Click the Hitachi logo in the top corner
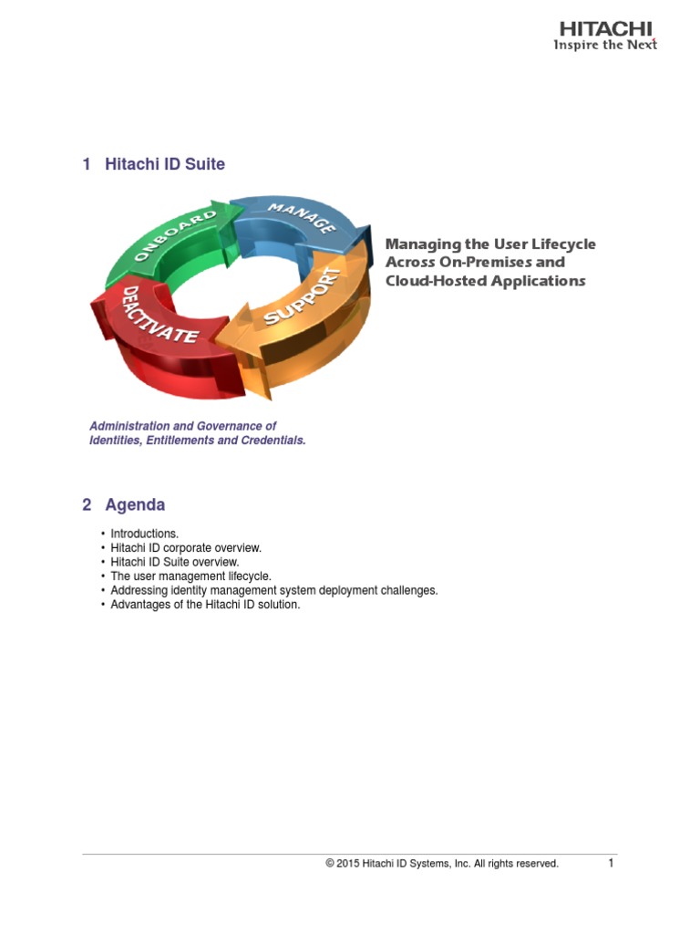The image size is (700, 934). coord(606,28)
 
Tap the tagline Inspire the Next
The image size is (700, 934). coord(605,45)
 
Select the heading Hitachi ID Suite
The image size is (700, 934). coord(165,164)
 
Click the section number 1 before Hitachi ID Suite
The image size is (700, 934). coord(87,164)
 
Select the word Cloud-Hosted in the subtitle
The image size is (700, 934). coord(427,281)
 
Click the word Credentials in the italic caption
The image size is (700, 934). coord(273,440)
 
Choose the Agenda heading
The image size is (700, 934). coord(135,504)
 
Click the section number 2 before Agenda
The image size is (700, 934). coord(87,504)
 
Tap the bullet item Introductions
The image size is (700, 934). coord(144,534)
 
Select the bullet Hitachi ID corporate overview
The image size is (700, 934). coord(186,548)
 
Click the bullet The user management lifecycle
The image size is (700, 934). coord(190,576)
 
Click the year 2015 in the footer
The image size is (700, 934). coord(347,863)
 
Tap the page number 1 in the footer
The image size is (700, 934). coord(612,862)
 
